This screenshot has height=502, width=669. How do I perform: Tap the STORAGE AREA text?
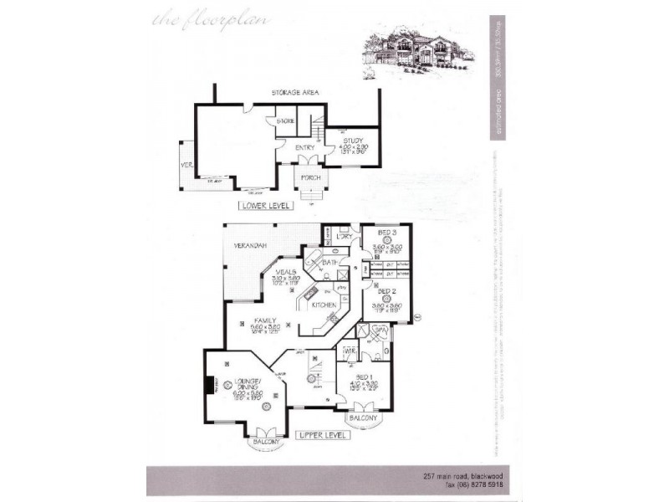pos(297,93)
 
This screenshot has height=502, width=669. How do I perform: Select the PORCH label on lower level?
pos(311,178)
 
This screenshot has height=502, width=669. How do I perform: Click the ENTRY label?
pos(305,148)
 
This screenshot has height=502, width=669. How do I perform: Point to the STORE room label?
pos(286,121)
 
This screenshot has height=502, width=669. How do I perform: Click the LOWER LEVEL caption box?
pos(263,205)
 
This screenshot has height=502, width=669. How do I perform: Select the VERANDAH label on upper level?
pos(250,246)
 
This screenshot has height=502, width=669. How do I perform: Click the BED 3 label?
pos(386,231)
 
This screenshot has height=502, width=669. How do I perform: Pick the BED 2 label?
pos(386,290)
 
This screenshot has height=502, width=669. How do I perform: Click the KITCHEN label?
pos(324,306)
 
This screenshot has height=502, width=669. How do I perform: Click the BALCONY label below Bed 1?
pos(364,417)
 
